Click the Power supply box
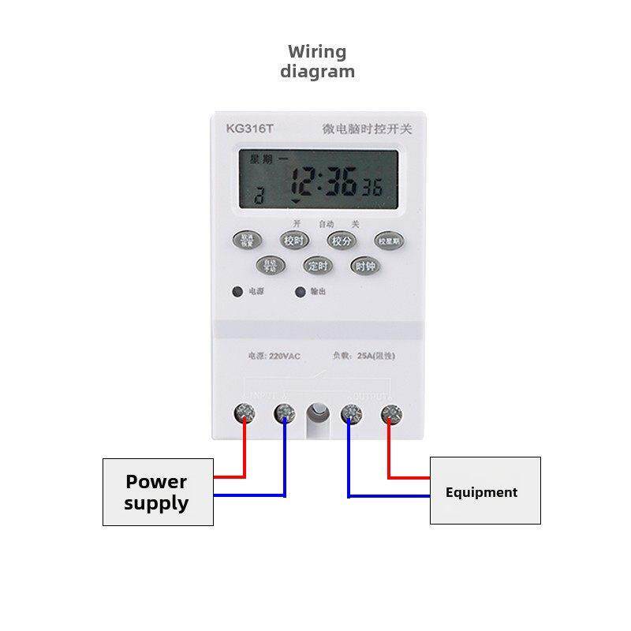tap(158, 491)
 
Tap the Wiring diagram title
tap(318, 62)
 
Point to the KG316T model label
tap(248, 129)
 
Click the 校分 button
tap(343, 241)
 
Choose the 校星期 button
tap(390, 241)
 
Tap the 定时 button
tap(319, 266)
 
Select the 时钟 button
tap(365, 266)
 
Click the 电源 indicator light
tap(237, 292)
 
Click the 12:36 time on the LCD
tap(324, 185)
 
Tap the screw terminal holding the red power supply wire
tap(245, 412)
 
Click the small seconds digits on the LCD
tap(372, 189)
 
